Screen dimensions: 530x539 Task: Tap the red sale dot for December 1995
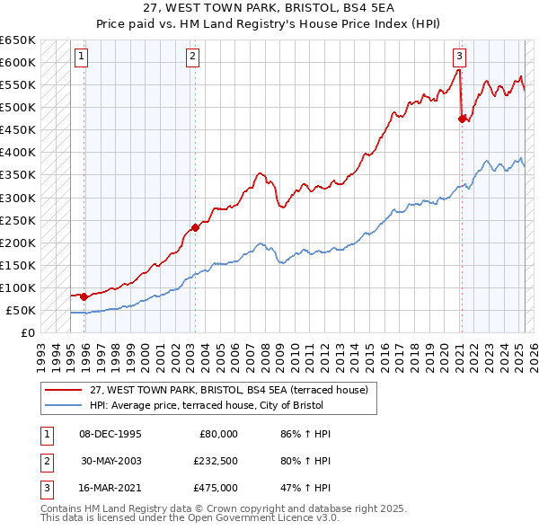click(84, 296)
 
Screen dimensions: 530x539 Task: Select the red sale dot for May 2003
click(195, 227)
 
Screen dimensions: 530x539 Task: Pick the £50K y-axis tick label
click(21, 310)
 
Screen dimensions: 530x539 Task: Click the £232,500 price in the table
click(216, 461)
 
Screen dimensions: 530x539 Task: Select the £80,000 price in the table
click(218, 434)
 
